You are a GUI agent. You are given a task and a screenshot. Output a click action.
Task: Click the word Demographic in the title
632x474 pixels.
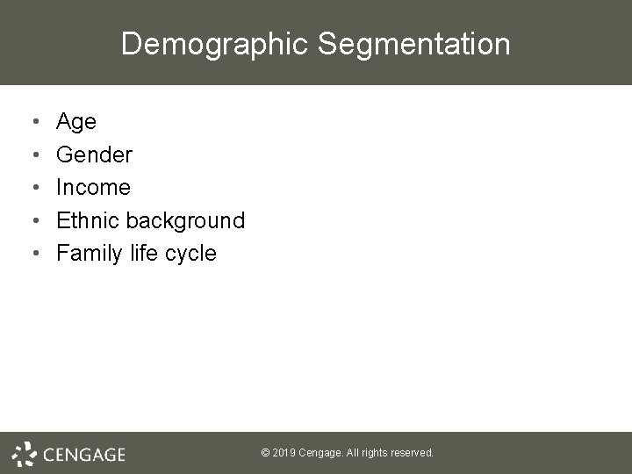pos(217,44)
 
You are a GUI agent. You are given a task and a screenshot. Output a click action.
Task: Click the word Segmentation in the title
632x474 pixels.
pos(416,44)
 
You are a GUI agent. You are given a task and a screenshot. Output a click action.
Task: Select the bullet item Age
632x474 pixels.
pos(76,122)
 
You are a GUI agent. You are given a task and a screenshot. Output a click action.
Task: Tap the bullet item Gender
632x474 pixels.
pos(94,155)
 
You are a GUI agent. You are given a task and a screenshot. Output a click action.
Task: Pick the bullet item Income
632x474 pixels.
pos(93,188)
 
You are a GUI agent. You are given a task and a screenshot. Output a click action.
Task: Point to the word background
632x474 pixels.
pos(188,220)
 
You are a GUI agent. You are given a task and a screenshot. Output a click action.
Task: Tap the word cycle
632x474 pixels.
pos(195,254)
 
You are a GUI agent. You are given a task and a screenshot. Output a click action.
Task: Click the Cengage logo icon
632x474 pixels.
pos(25,453)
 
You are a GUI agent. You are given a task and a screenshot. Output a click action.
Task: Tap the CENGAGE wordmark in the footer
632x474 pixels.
pos(84,455)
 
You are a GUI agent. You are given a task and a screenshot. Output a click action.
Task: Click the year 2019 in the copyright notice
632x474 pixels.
pos(285,453)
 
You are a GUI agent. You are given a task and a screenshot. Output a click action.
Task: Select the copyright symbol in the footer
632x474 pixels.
pos(266,453)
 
